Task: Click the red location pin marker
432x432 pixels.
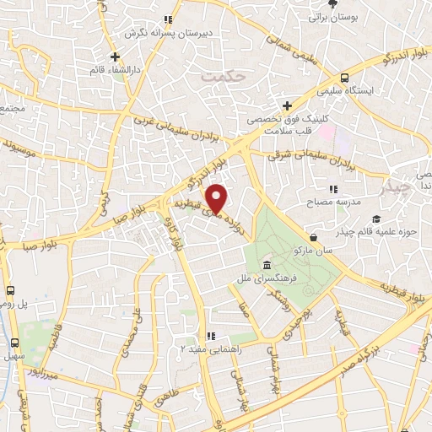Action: click(x=218, y=198)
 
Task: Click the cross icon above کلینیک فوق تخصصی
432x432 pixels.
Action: click(x=287, y=106)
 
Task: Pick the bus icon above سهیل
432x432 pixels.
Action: click(x=14, y=343)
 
